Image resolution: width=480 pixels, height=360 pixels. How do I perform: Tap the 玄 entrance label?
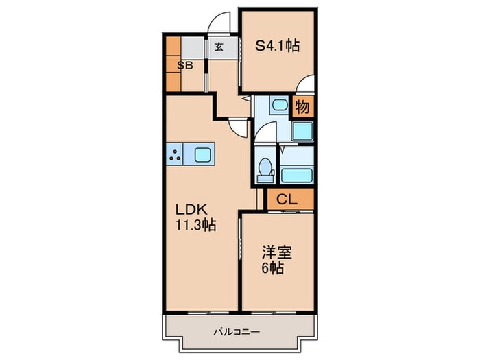pyautogui.click(x=219, y=47)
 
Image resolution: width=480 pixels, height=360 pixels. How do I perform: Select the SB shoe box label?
pyautogui.click(x=184, y=66)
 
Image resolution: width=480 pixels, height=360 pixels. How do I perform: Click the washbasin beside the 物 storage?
pyautogui.click(x=278, y=106)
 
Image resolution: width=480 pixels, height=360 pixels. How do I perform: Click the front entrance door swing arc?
pyautogui.click(x=219, y=23)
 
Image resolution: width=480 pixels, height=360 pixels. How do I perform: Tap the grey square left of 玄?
pyautogui.click(x=194, y=47)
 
